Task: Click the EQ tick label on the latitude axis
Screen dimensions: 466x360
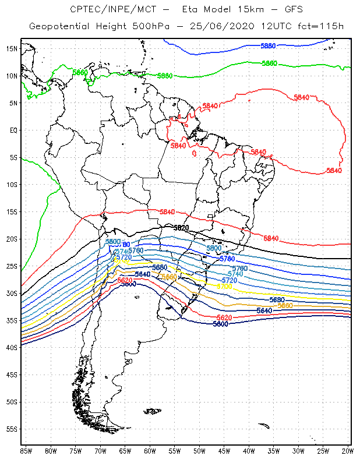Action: (13, 130)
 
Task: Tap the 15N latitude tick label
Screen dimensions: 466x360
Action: (12, 48)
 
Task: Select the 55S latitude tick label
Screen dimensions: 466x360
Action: (12, 429)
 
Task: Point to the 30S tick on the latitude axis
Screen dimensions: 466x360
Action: (12, 293)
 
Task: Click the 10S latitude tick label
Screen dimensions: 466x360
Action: (12, 184)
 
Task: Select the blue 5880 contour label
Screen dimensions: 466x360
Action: (268, 45)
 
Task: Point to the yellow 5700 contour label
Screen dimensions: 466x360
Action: (224, 286)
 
